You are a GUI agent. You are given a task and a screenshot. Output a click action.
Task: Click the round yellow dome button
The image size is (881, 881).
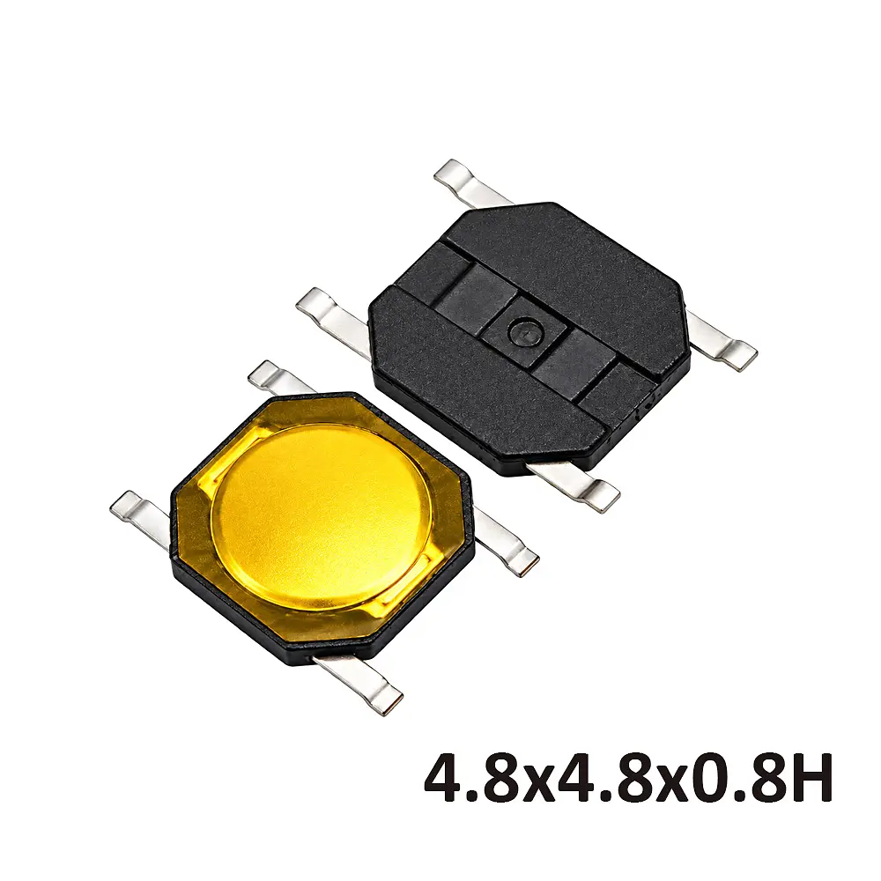coord(322,515)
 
